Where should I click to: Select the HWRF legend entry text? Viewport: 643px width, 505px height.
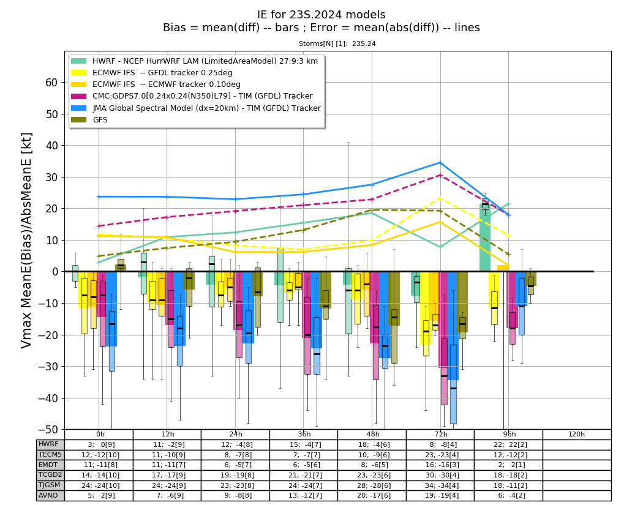(x=205, y=61)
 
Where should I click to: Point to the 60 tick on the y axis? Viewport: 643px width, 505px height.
(x=51, y=83)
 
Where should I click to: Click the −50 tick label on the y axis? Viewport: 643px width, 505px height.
(x=48, y=429)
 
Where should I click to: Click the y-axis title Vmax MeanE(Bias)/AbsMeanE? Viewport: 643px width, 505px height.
(x=26, y=240)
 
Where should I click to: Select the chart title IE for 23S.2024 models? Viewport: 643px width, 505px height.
(x=321, y=15)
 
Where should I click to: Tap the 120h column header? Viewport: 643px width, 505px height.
(x=577, y=434)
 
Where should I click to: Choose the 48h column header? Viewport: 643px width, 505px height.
(x=373, y=434)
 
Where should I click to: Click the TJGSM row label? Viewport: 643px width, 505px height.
(x=49, y=485)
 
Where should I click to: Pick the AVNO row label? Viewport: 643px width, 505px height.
(x=48, y=495)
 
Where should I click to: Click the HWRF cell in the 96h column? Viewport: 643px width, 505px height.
(x=508, y=445)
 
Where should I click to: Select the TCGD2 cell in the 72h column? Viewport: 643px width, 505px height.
(x=440, y=475)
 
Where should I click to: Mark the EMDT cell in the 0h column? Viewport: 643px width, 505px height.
(x=99, y=465)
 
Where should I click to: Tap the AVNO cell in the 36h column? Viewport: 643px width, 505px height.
(x=304, y=495)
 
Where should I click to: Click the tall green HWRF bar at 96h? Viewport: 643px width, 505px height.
(x=485, y=237)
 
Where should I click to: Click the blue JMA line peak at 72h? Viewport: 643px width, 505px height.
(x=441, y=163)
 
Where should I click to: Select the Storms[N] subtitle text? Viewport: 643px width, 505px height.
(x=337, y=43)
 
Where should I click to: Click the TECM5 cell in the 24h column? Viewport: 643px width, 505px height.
(x=235, y=455)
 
